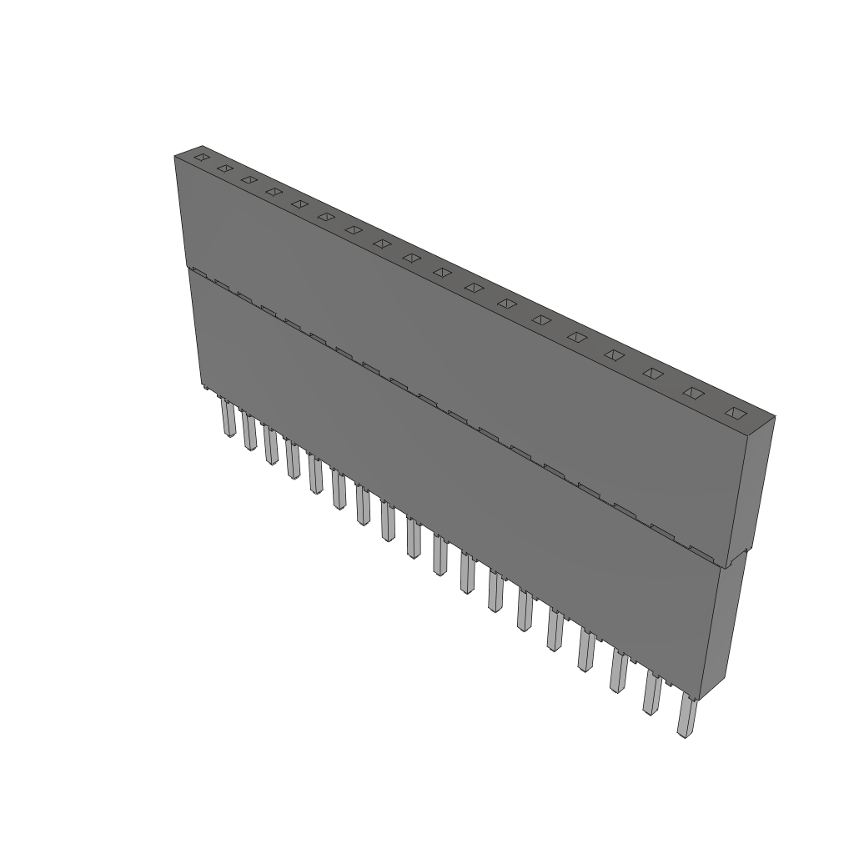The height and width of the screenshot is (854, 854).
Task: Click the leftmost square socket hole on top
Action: coord(200,156)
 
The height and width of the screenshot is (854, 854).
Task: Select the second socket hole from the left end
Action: coord(224,168)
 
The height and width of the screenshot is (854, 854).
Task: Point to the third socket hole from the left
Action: coord(248,178)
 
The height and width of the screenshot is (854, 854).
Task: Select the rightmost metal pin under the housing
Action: coord(686,718)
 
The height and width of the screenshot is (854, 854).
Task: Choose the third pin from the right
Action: coord(617,673)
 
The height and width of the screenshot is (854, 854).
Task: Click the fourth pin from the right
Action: coord(585,652)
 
